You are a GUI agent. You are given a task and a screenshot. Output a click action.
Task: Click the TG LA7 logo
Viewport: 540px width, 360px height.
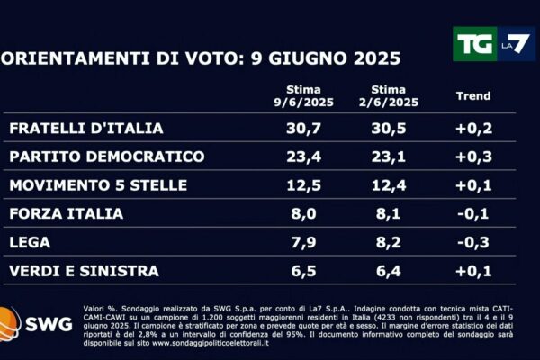click(x=493, y=43)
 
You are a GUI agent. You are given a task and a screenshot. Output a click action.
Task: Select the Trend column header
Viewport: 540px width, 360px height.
click(x=473, y=96)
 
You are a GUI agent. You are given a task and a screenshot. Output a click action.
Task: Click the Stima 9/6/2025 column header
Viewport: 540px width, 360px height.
click(x=310, y=96)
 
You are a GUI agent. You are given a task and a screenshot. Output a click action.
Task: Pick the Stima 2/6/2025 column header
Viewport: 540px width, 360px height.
click(x=393, y=96)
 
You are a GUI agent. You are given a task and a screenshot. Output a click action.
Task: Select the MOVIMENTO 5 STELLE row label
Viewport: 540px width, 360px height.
click(x=98, y=185)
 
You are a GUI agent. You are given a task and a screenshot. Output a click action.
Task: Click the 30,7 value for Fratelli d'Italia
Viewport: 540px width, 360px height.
click(x=310, y=130)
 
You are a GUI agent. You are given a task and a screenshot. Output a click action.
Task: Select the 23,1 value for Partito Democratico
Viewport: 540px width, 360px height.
click(x=393, y=157)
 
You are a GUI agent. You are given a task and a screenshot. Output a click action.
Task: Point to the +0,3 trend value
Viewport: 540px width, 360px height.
click(x=473, y=157)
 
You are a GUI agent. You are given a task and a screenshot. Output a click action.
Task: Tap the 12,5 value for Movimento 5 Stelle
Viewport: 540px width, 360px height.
click(x=310, y=185)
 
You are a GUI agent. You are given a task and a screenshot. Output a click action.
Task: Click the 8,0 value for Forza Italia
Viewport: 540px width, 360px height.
click(x=310, y=214)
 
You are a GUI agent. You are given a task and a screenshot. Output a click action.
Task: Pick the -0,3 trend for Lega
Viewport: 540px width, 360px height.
click(x=473, y=242)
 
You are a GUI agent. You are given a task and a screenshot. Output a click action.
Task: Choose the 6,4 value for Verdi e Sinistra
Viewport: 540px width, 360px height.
click(x=393, y=271)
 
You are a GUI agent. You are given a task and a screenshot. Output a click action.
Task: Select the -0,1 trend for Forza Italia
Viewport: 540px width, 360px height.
click(x=473, y=214)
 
